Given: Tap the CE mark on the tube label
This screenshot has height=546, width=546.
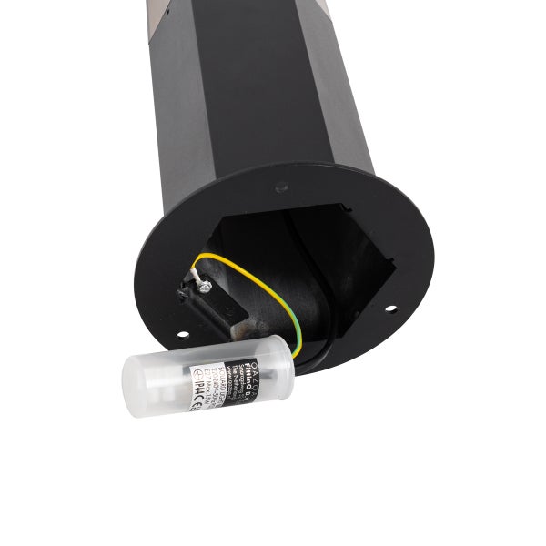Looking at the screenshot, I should pos(193,402).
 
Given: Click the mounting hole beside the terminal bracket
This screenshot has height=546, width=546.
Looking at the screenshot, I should pos(182,334).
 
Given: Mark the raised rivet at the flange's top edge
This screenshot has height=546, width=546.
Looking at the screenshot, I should pos(281,187).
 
